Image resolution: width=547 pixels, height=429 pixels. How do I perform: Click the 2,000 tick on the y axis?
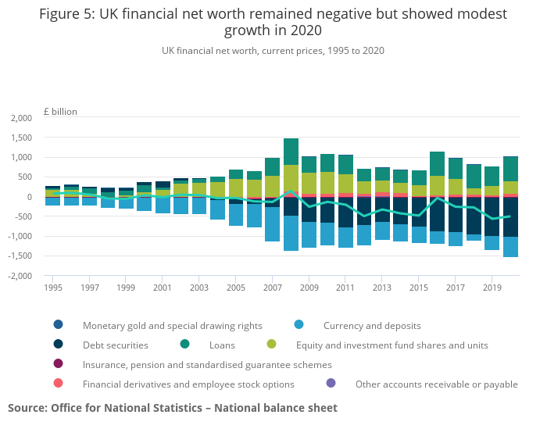click(21, 118)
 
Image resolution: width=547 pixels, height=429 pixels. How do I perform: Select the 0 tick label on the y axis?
click(29, 197)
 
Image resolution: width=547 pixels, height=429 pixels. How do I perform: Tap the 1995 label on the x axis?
click(53, 288)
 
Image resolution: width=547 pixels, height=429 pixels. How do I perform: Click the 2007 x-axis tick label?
click(272, 288)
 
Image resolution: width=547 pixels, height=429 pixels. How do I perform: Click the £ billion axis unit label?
click(60, 112)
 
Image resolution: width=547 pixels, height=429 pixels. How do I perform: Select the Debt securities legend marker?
click(59, 345)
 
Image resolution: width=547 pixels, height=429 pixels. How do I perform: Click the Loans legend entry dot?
click(184, 345)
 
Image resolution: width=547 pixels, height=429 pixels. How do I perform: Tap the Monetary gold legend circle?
click(59, 325)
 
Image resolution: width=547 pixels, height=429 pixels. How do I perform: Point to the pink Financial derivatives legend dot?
click(59, 384)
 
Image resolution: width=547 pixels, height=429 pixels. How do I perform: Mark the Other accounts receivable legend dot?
click(331, 384)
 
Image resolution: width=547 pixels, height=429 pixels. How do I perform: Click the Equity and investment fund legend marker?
click(271, 345)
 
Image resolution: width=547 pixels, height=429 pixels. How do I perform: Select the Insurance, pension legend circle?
click(59, 364)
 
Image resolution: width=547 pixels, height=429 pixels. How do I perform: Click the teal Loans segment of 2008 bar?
click(291, 152)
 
